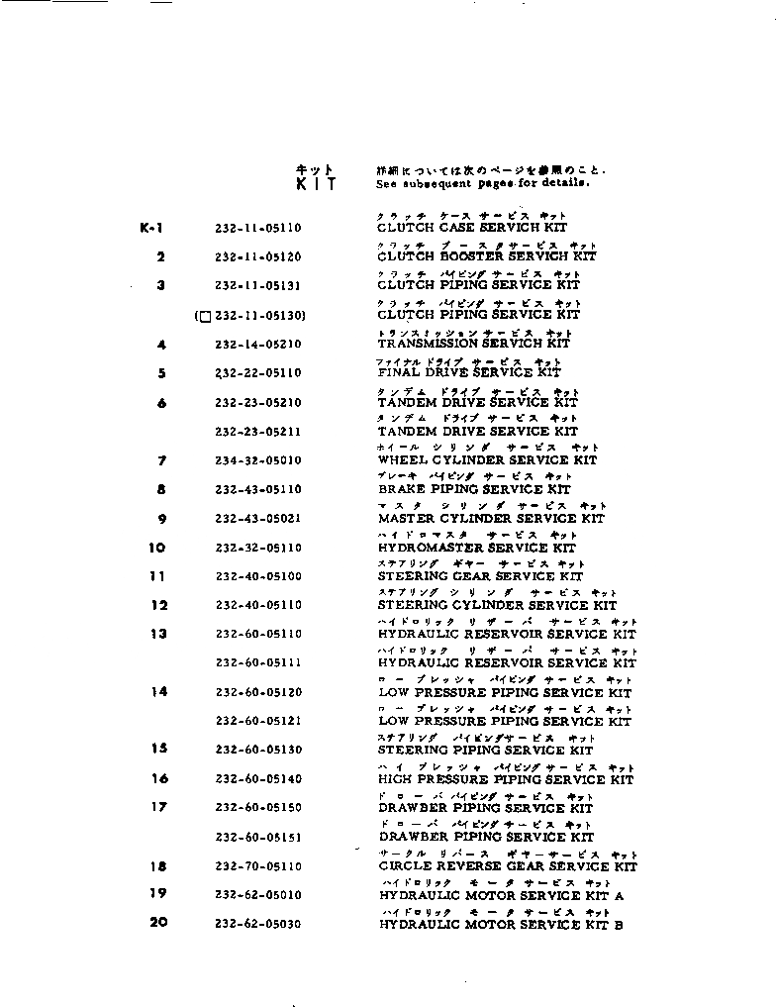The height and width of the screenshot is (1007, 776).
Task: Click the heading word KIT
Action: coord(316,184)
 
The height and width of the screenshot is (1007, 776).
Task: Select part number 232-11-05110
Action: coord(257,228)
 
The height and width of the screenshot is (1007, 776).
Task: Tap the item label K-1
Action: coord(151,228)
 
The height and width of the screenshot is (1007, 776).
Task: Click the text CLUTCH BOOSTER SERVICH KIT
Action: coord(487,256)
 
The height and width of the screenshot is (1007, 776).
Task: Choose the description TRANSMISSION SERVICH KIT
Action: coord(474,343)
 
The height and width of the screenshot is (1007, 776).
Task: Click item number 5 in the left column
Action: coord(161,373)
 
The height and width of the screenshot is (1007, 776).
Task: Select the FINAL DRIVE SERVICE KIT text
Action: coord(469,372)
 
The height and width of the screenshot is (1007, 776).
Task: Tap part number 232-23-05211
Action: coord(257,432)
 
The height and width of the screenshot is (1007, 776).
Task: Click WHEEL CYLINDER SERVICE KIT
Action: coord(487,459)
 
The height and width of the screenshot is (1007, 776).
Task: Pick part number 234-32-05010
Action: coord(257,460)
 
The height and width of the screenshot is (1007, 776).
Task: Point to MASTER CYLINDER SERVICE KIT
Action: coord(491,518)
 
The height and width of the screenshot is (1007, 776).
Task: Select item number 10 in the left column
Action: coord(157,548)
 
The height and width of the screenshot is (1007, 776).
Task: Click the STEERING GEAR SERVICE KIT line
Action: coord(480,576)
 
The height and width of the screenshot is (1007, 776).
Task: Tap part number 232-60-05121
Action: coord(257,722)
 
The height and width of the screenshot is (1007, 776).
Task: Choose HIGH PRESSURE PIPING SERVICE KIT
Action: coord(506,780)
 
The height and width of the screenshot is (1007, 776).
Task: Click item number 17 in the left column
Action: coord(158,807)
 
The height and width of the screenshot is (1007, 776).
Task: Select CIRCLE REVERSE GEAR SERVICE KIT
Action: coord(508,866)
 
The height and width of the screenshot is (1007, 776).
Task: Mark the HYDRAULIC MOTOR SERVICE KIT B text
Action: coord(501,925)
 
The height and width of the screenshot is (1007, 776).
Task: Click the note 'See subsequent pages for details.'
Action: coord(483,183)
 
